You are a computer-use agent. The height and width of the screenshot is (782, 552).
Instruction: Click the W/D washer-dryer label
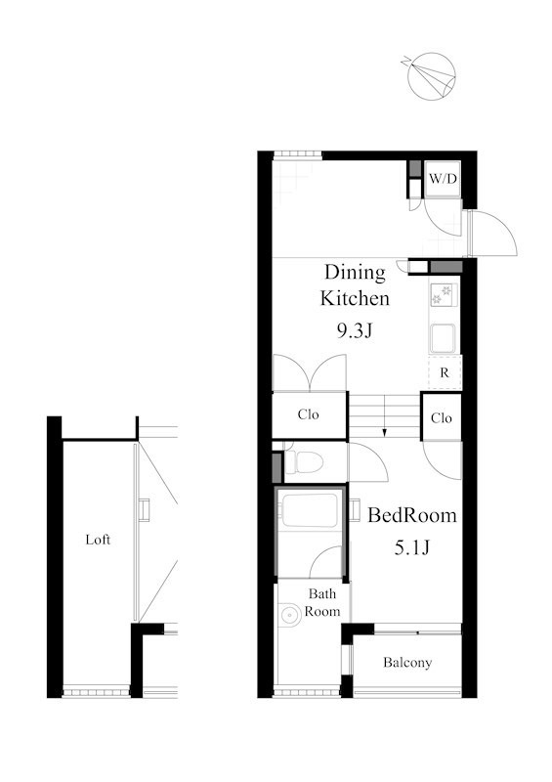coord(443,179)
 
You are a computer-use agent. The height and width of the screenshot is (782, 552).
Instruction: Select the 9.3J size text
coord(355,330)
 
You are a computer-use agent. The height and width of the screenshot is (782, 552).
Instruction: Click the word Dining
coord(355,273)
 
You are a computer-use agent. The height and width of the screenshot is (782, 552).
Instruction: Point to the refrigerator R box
coord(445,372)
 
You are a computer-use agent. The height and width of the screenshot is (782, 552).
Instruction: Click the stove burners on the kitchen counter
coord(443,294)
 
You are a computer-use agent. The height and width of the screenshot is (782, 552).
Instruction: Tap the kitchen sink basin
coord(443,338)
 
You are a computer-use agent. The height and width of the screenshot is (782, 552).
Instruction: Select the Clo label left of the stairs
coord(308,414)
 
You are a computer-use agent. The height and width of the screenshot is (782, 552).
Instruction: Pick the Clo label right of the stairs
coord(442,418)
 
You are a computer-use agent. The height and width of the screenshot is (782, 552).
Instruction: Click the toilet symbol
coord(303,461)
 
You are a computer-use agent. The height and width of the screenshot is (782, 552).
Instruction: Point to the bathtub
coord(309,509)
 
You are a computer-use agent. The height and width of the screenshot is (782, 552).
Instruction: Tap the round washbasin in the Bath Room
coord(290,615)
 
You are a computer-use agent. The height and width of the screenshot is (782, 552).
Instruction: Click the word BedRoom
coord(412,515)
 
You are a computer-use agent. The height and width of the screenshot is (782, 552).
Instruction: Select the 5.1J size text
coord(412,547)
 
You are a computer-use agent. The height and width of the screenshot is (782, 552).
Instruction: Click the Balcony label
coord(407,663)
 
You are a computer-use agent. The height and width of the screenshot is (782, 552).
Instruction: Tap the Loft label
coord(98,540)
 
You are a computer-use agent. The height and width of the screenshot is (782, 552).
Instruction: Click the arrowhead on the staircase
coord(385,432)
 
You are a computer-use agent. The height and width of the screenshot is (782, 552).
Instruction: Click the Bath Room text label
coord(322,602)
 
